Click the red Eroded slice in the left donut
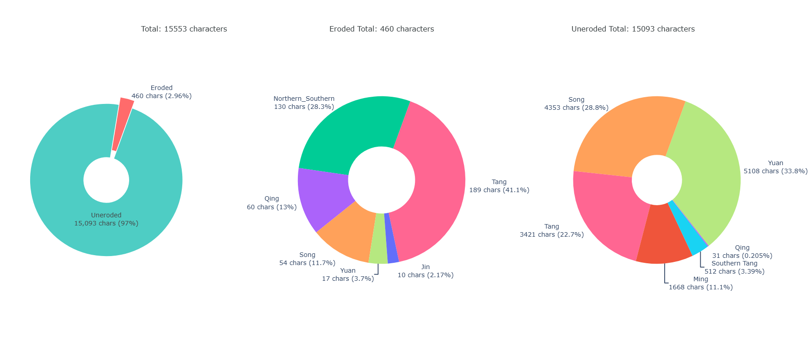coord(122,124)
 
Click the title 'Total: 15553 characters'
coord(184,29)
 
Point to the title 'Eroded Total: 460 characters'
coord(382,29)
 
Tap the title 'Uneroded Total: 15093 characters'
coord(633,29)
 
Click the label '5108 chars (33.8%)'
coord(775,171)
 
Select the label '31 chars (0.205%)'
coord(742,256)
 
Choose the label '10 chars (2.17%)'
coord(425,275)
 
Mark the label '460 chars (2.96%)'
coord(162,96)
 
